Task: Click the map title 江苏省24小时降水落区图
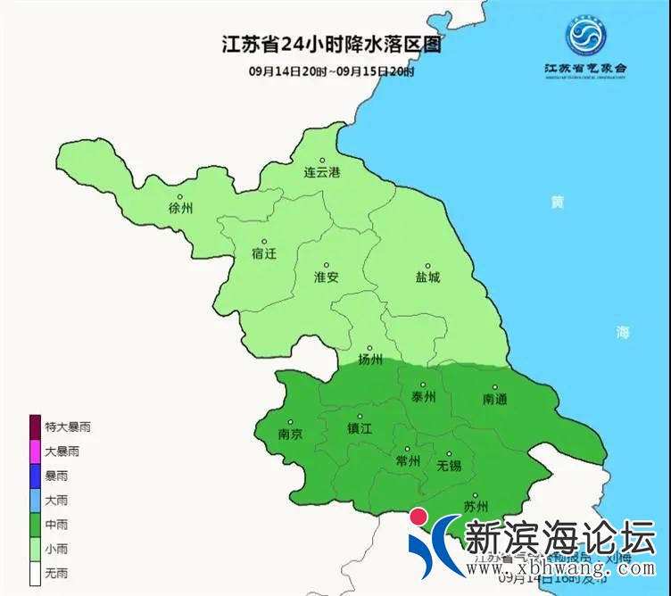click(x=331, y=45)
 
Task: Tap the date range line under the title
click(x=331, y=72)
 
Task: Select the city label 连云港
click(x=322, y=170)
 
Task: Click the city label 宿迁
click(x=264, y=252)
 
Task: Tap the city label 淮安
click(x=327, y=277)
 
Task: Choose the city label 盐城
click(x=427, y=277)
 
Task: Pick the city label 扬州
click(x=370, y=360)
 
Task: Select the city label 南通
click(x=494, y=399)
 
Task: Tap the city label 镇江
click(x=360, y=428)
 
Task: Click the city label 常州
click(x=407, y=460)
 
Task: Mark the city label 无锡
click(x=450, y=466)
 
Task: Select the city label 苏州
click(x=476, y=507)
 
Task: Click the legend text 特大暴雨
click(x=68, y=427)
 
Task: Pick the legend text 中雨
click(x=56, y=525)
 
